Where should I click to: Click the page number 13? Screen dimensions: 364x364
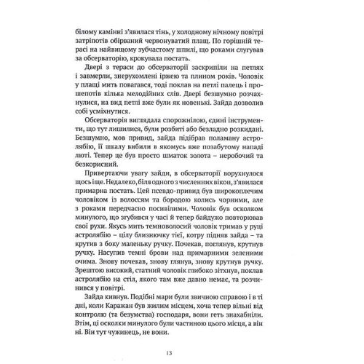[182, 353]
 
